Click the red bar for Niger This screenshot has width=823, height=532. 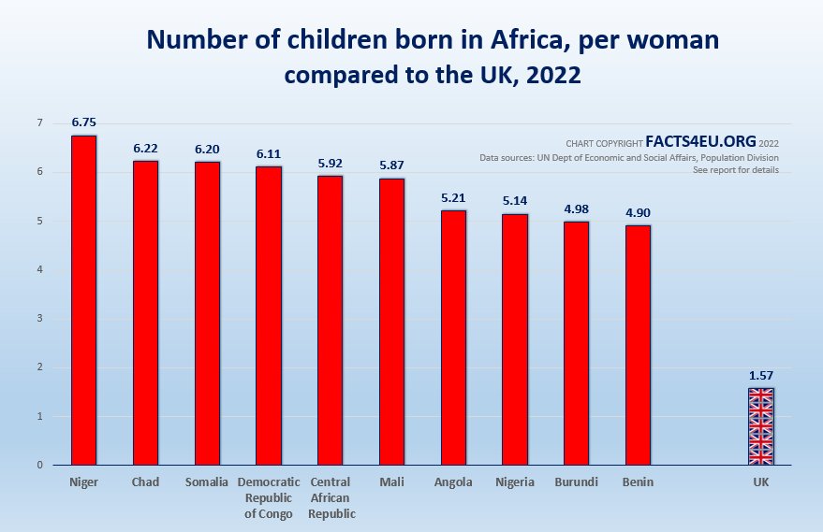click(83, 299)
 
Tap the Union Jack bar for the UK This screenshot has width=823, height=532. click(760, 426)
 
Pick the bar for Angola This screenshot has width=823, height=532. click(453, 338)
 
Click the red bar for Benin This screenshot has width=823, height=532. click(638, 345)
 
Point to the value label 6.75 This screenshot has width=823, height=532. click(83, 122)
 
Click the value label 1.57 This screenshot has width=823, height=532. click(760, 376)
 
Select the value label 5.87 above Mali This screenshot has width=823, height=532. click(391, 165)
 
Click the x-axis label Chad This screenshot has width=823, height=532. click(145, 482)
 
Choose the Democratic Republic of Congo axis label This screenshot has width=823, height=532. click(269, 498)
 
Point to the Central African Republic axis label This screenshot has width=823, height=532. click(330, 498)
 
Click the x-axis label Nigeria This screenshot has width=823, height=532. click(515, 482)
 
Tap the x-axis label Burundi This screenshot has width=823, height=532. click(576, 482)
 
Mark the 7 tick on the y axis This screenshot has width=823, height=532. click(39, 123)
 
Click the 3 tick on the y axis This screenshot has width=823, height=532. click(39, 319)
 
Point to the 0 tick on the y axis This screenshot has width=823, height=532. click(39, 465)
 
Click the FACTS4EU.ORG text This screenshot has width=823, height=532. click(700, 142)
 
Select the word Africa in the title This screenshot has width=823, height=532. click(455, 41)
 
